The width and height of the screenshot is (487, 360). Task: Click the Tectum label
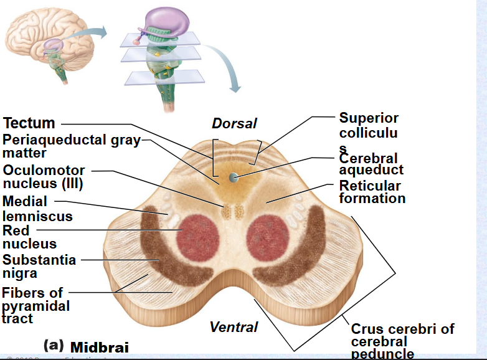(x=29, y=123)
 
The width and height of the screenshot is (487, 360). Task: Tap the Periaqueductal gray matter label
(x=71, y=146)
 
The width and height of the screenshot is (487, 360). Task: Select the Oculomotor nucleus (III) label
(x=43, y=177)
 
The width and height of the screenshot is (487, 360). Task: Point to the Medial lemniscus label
(x=37, y=209)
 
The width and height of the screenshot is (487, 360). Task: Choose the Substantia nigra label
(x=39, y=266)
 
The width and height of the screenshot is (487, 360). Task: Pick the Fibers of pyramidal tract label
(x=35, y=305)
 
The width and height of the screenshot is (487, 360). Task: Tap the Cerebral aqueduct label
(x=371, y=164)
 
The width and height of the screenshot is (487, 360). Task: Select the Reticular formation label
(x=372, y=192)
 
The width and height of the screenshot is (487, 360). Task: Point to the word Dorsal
(x=234, y=123)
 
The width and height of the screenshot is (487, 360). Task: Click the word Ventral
(x=234, y=326)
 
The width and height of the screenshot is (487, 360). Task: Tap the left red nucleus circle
(x=200, y=237)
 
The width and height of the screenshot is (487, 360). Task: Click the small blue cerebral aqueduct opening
(x=234, y=177)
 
